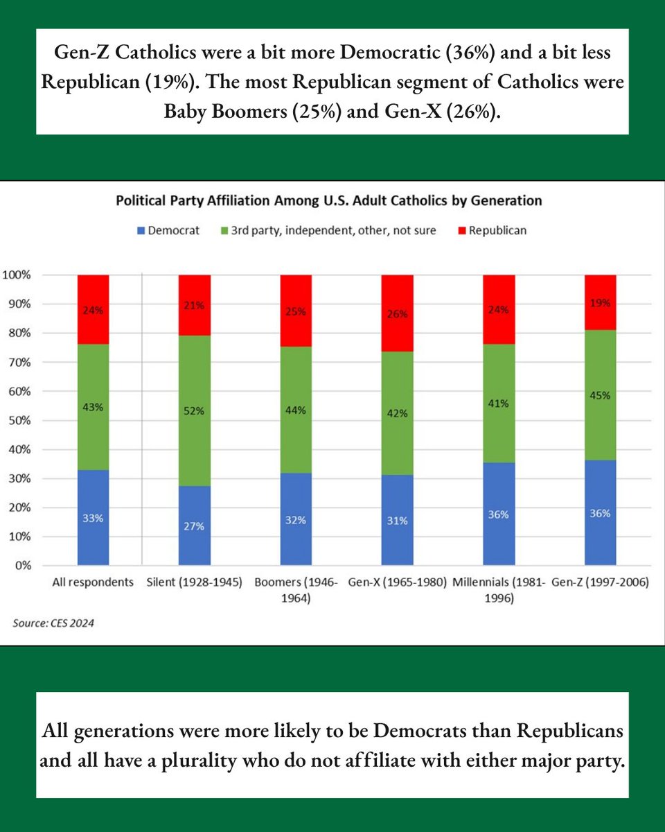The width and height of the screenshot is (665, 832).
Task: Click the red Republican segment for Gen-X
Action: click(x=398, y=313)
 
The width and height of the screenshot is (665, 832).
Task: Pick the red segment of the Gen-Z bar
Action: click(x=601, y=302)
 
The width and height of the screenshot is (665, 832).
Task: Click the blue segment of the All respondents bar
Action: click(x=93, y=517)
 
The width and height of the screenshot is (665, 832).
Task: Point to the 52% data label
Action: click(x=195, y=411)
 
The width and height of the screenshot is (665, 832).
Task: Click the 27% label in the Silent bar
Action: click(x=195, y=526)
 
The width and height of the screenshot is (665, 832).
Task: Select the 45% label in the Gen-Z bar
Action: click(x=601, y=396)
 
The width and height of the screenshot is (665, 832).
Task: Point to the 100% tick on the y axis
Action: click(x=17, y=275)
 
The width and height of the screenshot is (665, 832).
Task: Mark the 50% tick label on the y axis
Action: click(x=19, y=420)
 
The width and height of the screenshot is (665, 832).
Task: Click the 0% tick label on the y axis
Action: click(x=22, y=566)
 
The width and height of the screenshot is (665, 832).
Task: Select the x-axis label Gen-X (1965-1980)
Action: click(x=398, y=583)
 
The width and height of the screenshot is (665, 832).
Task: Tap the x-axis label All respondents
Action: click(x=93, y=583)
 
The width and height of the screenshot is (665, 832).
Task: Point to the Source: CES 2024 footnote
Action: click(x=53, y=623)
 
